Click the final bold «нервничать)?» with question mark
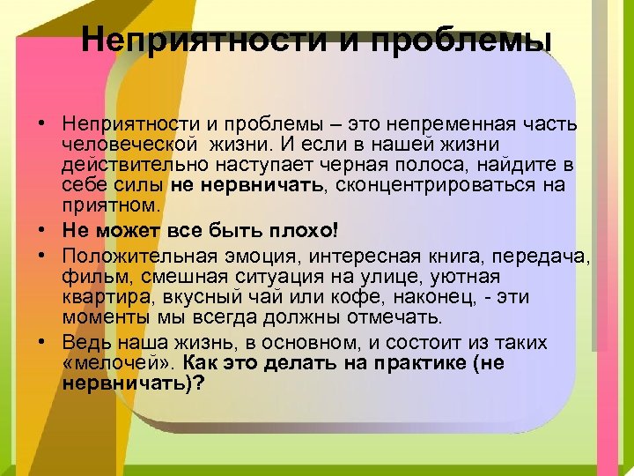point(133,383)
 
